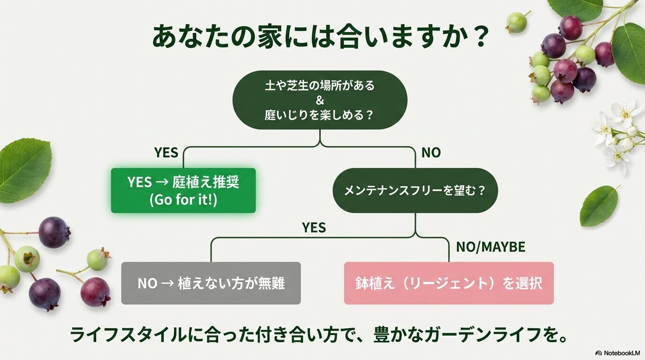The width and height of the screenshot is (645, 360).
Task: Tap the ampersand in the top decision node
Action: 320,100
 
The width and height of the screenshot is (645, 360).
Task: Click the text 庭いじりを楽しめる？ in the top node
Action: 320,114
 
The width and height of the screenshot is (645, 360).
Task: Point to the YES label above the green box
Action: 166,153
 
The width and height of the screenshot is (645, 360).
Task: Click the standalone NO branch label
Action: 431,153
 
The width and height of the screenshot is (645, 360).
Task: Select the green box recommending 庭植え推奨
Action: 183,190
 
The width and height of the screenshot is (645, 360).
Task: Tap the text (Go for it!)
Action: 183,200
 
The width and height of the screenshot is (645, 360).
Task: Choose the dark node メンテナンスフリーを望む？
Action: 415,191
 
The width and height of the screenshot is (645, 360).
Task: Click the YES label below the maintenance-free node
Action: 314,228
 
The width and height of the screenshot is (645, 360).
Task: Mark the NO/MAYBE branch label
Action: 490,247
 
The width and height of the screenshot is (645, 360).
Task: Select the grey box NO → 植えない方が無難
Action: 211,283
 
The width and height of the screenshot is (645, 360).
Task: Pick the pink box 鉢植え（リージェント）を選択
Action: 449,283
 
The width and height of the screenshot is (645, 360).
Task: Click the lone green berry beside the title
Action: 517,22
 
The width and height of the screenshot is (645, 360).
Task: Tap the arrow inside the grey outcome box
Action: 167,284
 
